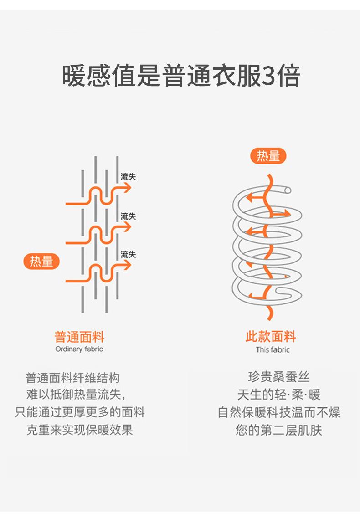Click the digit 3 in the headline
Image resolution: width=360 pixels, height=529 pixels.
270,77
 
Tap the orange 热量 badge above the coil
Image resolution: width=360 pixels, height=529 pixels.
268,156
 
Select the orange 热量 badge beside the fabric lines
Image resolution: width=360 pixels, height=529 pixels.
41,262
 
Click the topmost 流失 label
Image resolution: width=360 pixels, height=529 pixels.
128,177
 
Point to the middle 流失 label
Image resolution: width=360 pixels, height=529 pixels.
128,216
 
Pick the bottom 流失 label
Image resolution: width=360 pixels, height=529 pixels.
128,254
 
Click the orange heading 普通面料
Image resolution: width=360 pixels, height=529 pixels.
79,337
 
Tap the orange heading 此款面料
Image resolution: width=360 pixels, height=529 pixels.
271,337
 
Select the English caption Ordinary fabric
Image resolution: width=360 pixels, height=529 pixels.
79,349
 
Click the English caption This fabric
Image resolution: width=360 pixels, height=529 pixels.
273,349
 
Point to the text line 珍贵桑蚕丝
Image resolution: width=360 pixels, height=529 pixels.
279,377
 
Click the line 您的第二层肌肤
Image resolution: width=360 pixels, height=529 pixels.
279,430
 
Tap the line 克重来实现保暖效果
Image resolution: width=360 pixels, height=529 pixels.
79,430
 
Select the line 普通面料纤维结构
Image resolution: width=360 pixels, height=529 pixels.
73,378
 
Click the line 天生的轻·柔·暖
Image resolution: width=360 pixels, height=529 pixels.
279,395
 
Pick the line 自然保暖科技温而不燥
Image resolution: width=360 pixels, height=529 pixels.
279,412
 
